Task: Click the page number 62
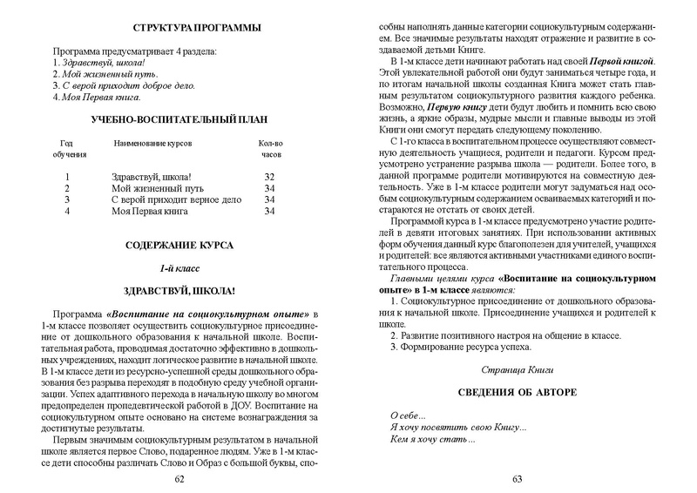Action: point(179,479)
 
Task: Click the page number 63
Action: point(516,479)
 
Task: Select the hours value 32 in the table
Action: point(269,176)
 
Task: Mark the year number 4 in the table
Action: point(66,211)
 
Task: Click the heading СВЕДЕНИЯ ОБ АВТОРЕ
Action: point(517,393)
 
